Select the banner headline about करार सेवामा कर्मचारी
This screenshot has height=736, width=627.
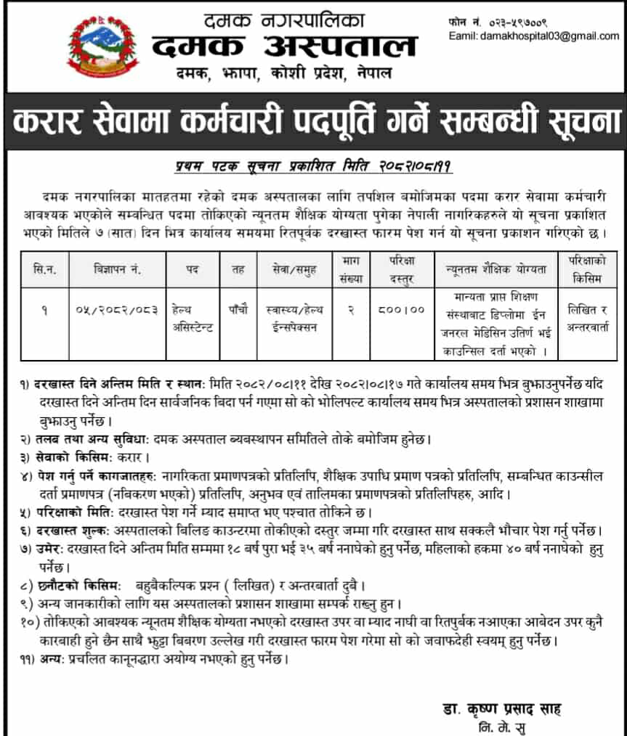313,120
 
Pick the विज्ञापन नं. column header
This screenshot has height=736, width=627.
116,270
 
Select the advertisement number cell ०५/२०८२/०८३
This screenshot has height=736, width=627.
116,310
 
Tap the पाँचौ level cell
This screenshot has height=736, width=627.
238,310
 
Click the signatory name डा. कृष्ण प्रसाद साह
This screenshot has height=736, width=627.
501,708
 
